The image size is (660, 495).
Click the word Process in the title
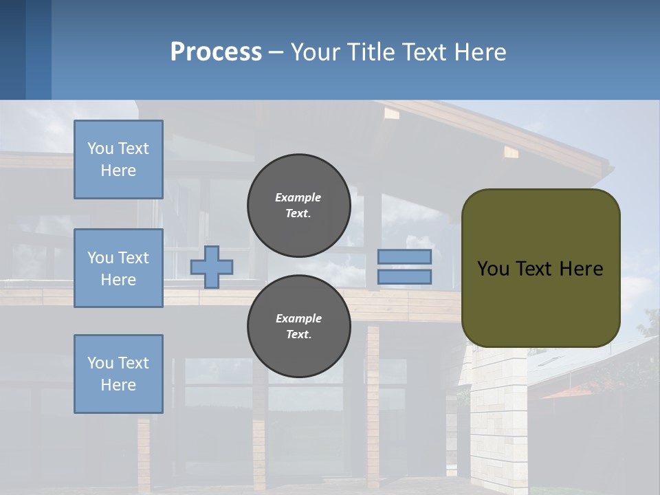point(216,52)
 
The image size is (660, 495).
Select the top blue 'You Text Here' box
point(118,159)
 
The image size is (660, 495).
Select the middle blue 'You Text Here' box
point(118,268)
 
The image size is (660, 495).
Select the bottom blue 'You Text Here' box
point(118,373)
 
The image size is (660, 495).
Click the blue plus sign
point(212,267)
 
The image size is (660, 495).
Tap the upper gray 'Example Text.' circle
point(298,206)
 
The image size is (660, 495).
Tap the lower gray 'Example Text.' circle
point(298,327)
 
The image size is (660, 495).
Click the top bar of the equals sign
point(404,257)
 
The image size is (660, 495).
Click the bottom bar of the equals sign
point(404,277)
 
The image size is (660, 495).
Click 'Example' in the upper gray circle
point(298,197)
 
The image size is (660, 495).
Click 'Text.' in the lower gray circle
point(298,335)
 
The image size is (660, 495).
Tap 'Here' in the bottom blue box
point(118,385)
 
